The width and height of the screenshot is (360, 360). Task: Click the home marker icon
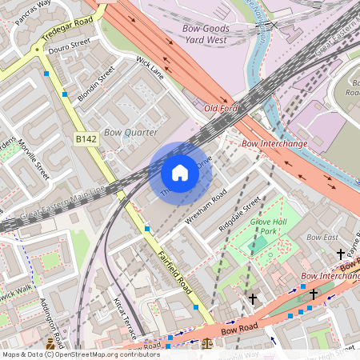click(x=180, y=173)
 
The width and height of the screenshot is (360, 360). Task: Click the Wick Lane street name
click(x=150, y=68)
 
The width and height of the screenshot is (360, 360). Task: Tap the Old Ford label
click(x=222, y=107)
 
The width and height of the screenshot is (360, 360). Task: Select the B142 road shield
click(x=86, y=139)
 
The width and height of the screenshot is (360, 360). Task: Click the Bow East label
click(x=322, y=238)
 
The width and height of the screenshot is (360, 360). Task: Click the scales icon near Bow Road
click(x=208, y=344)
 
